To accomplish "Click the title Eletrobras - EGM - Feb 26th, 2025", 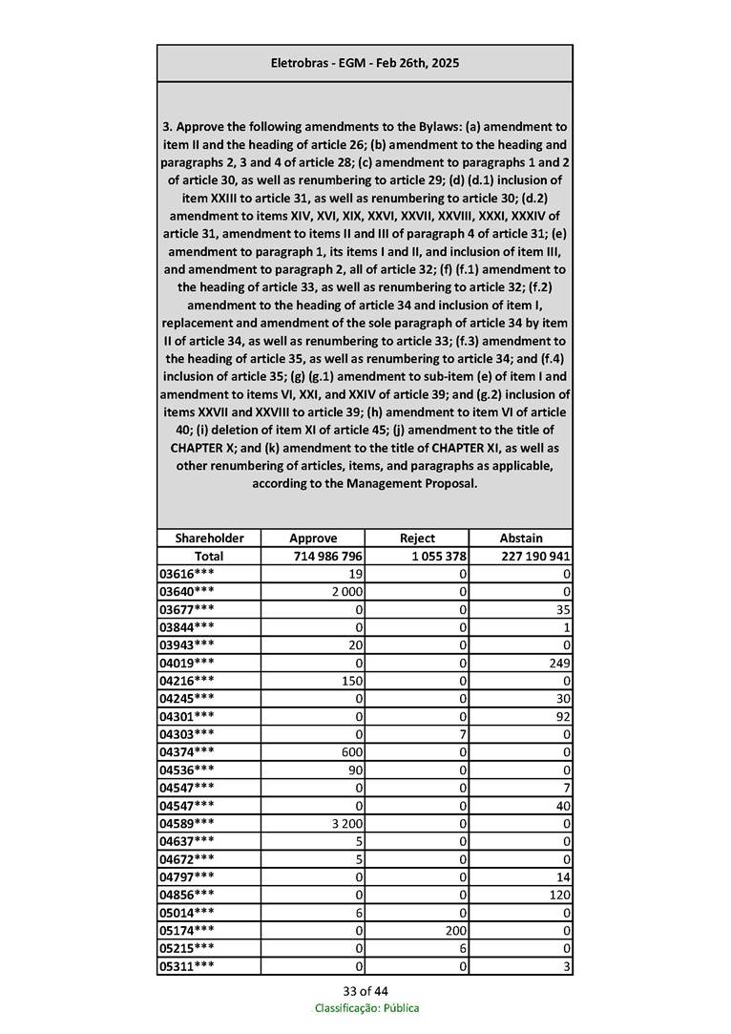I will point(365,63).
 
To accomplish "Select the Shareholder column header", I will point(209,538).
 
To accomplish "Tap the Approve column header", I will point(313,538).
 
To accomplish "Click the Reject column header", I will point(417,538).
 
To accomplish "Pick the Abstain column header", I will point(521,538).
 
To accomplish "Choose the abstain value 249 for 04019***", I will point(559,664).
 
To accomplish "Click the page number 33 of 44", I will point(365,991).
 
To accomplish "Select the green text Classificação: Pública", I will point(366,1008).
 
